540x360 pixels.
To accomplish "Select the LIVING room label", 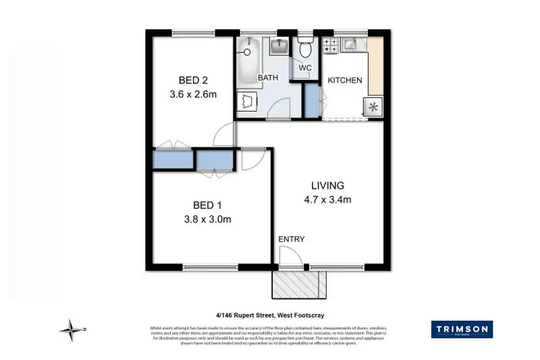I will pos(322,185).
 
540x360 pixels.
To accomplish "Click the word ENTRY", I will pos(291,240).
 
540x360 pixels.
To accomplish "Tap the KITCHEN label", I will pos(345,80).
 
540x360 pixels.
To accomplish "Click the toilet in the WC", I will pos(305,48).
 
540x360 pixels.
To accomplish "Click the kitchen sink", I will pos(353,45).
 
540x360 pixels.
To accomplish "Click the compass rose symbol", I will pos(72,330).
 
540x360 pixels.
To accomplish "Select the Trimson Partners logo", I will pos(462,330).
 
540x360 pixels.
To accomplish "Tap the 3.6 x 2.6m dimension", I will pos(192,94).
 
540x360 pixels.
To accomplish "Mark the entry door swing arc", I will pos(288,256).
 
